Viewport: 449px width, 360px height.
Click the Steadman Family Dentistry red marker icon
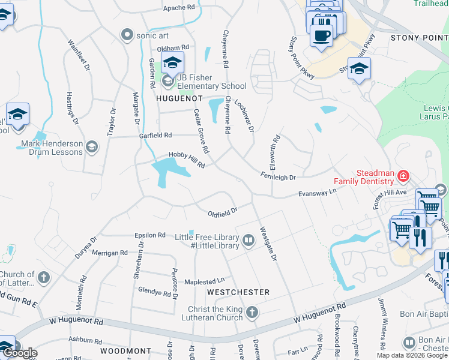pos(403,176)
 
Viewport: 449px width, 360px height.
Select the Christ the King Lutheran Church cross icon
pos(252,313)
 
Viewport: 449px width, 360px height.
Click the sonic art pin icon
pos(127,35)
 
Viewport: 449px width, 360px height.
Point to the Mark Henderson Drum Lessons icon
pos(91,147)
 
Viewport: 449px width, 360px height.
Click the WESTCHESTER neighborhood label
pos(238,292)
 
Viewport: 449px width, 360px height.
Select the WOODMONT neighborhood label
pos(125,350)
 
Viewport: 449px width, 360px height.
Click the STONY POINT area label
pos(420,37)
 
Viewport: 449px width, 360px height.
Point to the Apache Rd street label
pos(179,8)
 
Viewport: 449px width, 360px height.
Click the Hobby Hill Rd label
pos(187,160)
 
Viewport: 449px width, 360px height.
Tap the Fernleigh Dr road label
pos(279,176)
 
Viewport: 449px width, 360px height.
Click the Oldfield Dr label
pos(223,211)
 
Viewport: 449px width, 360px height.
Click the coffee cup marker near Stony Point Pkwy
pos(322,35)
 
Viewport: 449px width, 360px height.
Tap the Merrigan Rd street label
pos(110,253)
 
